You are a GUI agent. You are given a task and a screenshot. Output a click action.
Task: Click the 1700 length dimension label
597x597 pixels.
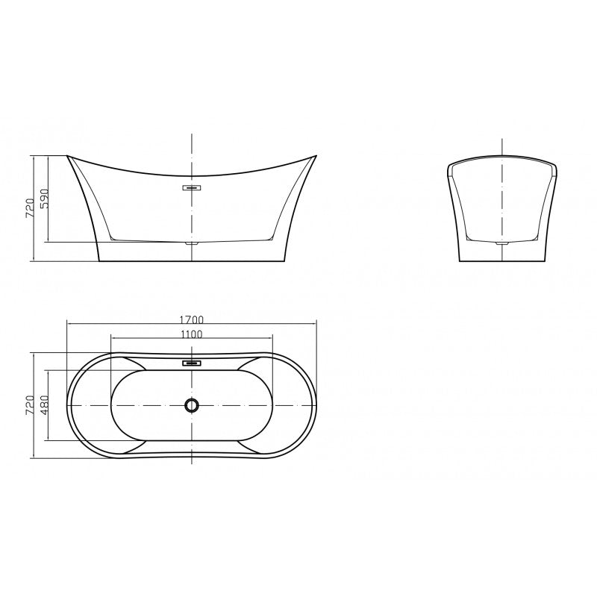coord(192,319)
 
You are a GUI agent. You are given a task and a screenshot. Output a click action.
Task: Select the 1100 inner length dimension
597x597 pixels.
coord(192,334)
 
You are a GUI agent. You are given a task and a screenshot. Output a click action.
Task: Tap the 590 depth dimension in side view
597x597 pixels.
coord(45,199)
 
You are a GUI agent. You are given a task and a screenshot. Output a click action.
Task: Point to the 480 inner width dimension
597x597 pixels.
coord(45,404)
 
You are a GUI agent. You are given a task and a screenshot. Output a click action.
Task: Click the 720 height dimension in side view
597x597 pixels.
coord(30,208)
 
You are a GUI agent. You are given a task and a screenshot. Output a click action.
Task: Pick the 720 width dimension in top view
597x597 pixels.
coord(30,404)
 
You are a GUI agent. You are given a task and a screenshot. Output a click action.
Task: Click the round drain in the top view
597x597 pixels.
coord(192,405)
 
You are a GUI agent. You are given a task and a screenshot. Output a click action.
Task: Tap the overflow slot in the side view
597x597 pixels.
coord(192,187)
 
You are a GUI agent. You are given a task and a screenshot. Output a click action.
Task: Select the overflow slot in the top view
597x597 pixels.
coord(192,363)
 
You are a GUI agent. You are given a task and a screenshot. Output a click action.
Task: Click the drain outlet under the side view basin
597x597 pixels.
coord(192,242)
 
